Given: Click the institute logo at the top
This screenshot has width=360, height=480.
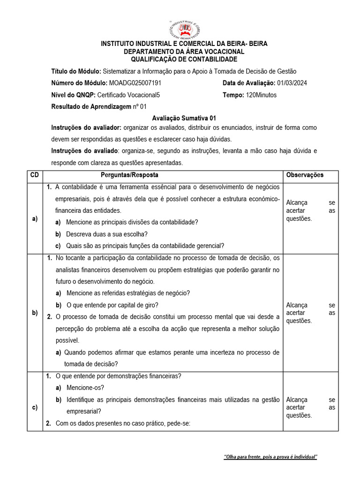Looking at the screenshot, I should [x=184, y=29].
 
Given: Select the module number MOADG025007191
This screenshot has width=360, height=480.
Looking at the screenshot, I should [x=135, y=83].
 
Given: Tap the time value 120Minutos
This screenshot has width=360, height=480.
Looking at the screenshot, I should [x=261, y=95].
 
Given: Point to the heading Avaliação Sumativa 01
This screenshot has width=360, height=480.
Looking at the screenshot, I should [x=184, y=119].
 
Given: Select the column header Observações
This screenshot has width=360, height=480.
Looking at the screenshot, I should [x=305, y=175].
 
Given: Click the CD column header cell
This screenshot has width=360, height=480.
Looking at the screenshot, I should [x=35, y=175].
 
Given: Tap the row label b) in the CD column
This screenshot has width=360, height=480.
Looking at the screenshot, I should [x=35, y=313].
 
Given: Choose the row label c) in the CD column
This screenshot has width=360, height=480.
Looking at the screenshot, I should [x=35, y=407].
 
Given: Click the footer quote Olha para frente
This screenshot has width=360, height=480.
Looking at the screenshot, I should [x=270, y=457].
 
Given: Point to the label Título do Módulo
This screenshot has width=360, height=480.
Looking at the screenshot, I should [x=76, y=71].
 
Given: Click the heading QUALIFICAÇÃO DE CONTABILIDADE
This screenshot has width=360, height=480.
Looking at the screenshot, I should [x=184, y=59].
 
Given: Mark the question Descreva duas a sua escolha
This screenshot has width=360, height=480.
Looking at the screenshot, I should [x=107, y=234].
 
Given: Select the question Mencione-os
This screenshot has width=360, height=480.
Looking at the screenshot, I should [x=85, y=388].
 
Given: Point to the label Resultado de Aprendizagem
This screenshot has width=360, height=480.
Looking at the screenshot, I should [x=91, y=107].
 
